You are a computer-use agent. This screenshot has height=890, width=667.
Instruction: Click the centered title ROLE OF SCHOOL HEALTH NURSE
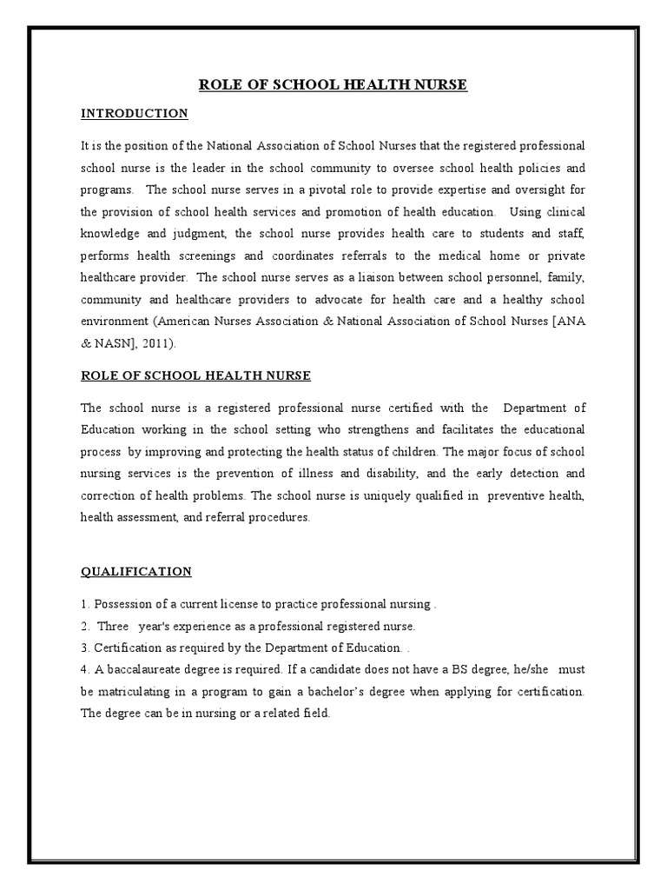[333, 84]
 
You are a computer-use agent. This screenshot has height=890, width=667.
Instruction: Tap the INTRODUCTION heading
[134, 114]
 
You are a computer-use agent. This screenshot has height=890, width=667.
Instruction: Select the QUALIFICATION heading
[136, 571]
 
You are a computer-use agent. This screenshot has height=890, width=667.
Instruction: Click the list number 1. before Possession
[85, 604]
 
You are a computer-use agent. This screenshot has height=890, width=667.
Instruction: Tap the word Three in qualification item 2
[113, 626]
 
